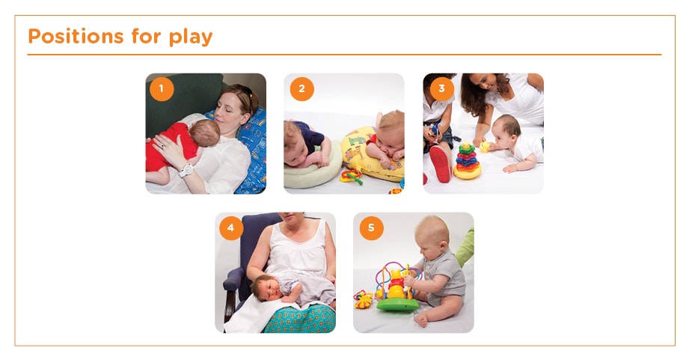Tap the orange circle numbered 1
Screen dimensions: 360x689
161,89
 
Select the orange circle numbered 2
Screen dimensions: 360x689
301,89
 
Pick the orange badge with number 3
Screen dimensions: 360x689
441,89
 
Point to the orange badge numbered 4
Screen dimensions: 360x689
231,228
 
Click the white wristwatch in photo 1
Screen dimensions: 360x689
186,170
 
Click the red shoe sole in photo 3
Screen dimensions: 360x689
439,164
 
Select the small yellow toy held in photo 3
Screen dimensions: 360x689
483,147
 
